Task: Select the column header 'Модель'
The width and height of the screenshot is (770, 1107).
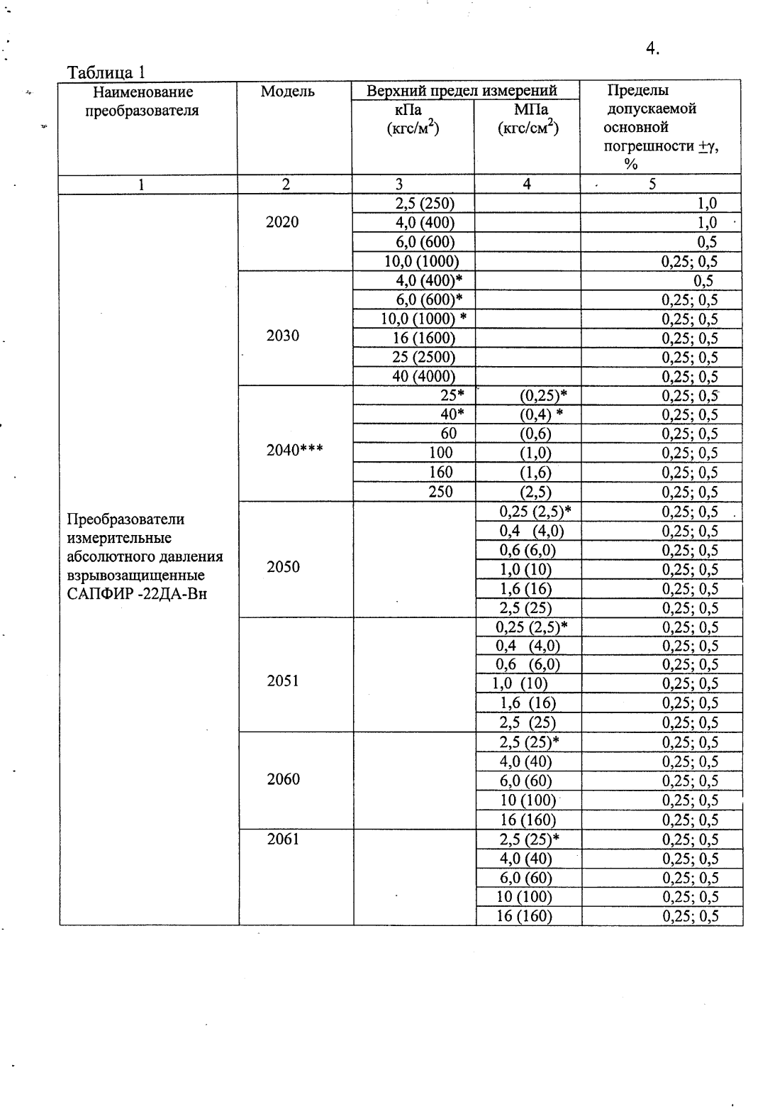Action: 288,92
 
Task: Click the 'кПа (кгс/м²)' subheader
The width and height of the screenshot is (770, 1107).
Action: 412,119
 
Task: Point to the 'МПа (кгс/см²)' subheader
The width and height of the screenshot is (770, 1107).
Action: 527,119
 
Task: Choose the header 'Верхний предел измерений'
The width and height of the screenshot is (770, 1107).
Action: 462,91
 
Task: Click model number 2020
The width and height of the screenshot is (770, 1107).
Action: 282,222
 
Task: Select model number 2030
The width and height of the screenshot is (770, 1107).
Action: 282,336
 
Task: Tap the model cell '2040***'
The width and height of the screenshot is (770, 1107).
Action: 294,449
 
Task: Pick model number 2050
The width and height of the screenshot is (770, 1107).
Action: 283,566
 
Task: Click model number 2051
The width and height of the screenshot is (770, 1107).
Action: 283,681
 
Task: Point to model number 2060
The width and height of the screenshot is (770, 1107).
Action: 283,779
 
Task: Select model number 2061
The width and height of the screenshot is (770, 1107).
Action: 283,839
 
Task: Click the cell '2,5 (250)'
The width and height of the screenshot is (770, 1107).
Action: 424,204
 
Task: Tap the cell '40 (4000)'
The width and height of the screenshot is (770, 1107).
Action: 423,376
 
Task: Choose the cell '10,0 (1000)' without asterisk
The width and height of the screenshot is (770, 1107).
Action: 421,261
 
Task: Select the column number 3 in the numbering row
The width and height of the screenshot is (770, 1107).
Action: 399,184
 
